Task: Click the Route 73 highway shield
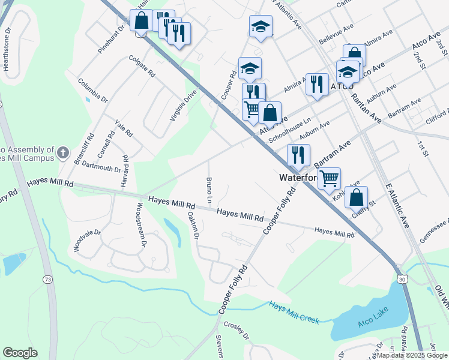[47, 279]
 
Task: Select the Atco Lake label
[373, 313]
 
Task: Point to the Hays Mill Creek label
[294, 312]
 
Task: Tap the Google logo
[20, 353]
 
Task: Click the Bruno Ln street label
[209, 189]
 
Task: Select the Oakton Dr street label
[193, 224]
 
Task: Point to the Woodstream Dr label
[141, 224]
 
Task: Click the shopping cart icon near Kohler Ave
[329, 178]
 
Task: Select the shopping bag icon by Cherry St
[357, 197]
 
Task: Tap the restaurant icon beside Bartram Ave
[298, 155]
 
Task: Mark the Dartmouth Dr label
[101, 167]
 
